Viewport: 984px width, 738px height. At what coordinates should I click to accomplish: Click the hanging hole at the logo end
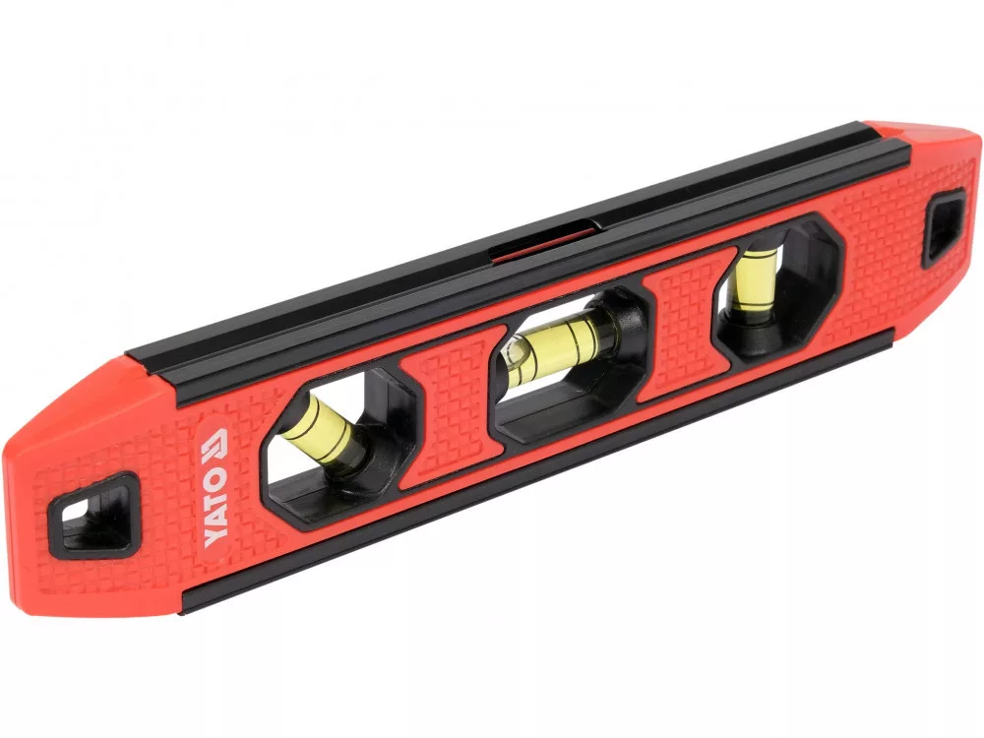(x=95, y=515)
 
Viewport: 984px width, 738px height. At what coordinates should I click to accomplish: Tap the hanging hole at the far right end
(x=944, y=227)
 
